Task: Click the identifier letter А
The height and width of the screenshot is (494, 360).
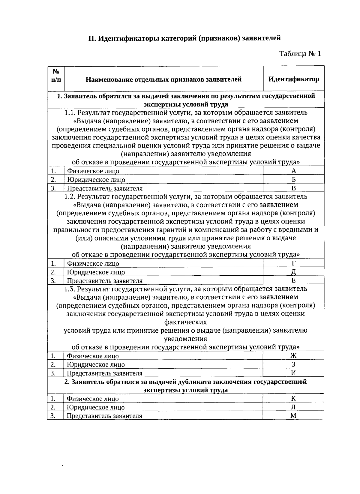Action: point(294,171)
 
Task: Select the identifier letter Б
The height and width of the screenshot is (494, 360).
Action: point(294,179)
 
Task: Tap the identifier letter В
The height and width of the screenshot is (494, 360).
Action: point(294,188)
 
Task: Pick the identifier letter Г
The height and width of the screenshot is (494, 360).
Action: point(294,263)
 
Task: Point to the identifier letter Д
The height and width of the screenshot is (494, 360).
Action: point(294,272)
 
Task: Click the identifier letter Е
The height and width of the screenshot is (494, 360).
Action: point(294,280)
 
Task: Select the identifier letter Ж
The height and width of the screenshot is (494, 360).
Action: point(294,356)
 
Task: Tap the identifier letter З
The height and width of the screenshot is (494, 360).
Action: point(294,364)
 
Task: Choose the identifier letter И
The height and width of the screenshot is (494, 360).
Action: point(294,373)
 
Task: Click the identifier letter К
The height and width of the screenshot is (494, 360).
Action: point(294,399)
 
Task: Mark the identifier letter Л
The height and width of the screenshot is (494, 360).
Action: point(294,407)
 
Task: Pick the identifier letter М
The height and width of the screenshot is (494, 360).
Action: point(294,415)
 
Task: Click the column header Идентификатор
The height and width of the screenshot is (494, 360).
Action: point(294,79)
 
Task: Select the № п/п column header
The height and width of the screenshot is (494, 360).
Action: point(56,76)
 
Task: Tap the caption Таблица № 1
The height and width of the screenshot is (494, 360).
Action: point(300,54)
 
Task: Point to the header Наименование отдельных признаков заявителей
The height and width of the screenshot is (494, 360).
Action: point(163,79)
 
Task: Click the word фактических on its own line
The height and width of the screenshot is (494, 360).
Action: point(185,322)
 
